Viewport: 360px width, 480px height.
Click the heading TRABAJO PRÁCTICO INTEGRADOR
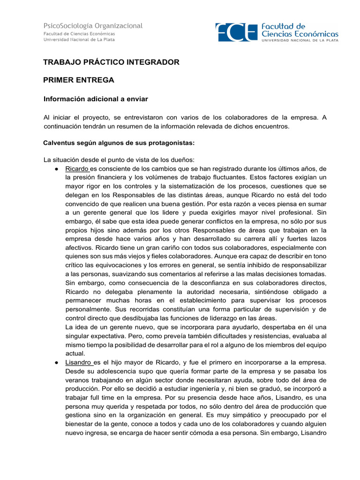[x=111, y=62]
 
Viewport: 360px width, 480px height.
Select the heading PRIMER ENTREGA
[x=79, y=80]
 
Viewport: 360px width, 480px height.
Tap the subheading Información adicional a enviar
[x=96, y=99]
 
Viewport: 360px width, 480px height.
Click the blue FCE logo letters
[x=236, y=32]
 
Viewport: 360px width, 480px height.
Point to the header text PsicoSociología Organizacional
[x=93, y=26]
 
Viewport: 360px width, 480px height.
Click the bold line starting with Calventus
[x=119, y=142]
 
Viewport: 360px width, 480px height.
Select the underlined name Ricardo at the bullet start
[x=77, y=169]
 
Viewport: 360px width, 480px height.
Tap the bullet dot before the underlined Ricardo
[x=56, y=169]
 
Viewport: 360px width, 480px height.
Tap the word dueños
[x=174, y=160]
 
